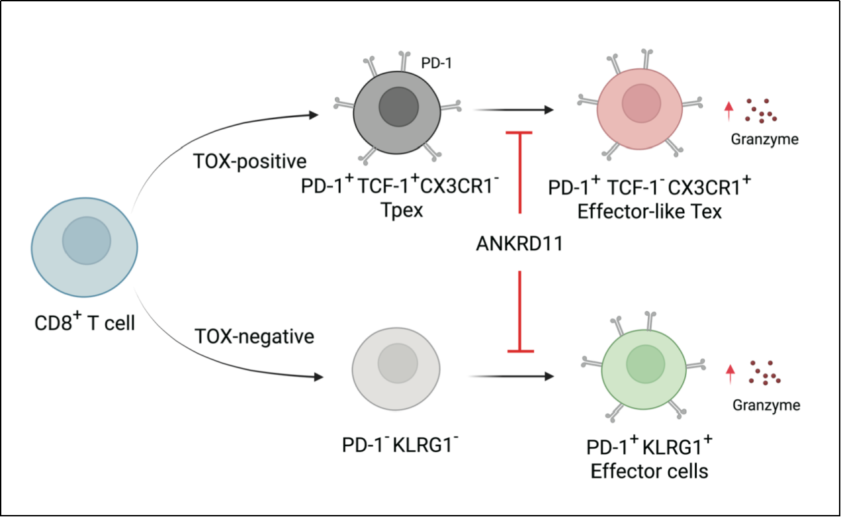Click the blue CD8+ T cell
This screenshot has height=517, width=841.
point(85,248)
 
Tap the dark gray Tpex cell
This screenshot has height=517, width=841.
point(397,113)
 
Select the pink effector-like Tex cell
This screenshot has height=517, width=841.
point(640,109)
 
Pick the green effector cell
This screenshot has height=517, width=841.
point(644,369)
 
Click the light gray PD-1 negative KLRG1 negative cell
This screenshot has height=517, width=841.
point(396,369)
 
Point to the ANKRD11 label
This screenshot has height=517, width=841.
point(519,244)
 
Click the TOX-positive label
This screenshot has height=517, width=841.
point(249,161)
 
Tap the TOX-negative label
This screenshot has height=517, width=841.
point(254,336)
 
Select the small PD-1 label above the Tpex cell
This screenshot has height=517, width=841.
point(436,63)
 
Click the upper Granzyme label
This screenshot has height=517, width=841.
point(765,140)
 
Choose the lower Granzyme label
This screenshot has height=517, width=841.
point(766,405)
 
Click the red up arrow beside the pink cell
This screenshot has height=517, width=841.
point(729,111)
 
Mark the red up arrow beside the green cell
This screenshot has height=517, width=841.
point(730,374)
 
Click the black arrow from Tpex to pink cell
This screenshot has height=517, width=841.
point(513,110)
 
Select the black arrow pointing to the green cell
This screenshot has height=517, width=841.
point(511,376)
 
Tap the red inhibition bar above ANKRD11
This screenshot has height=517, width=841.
point(519,173)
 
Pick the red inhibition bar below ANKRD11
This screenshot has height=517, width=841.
point(520,312)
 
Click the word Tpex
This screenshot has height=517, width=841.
point(402,211)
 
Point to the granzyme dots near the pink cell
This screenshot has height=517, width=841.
point(761,111)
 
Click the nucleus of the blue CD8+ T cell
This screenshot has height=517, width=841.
point(87,240)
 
